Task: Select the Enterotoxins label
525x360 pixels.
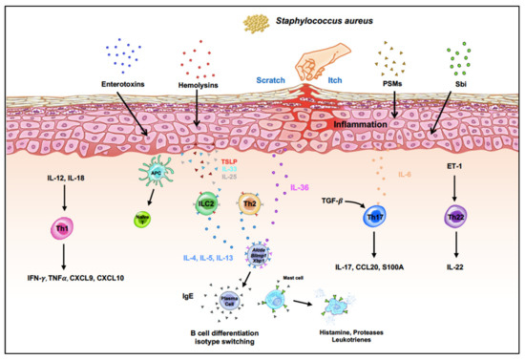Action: coord(118,83)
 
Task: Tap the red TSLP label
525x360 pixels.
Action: coord(230,163)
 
